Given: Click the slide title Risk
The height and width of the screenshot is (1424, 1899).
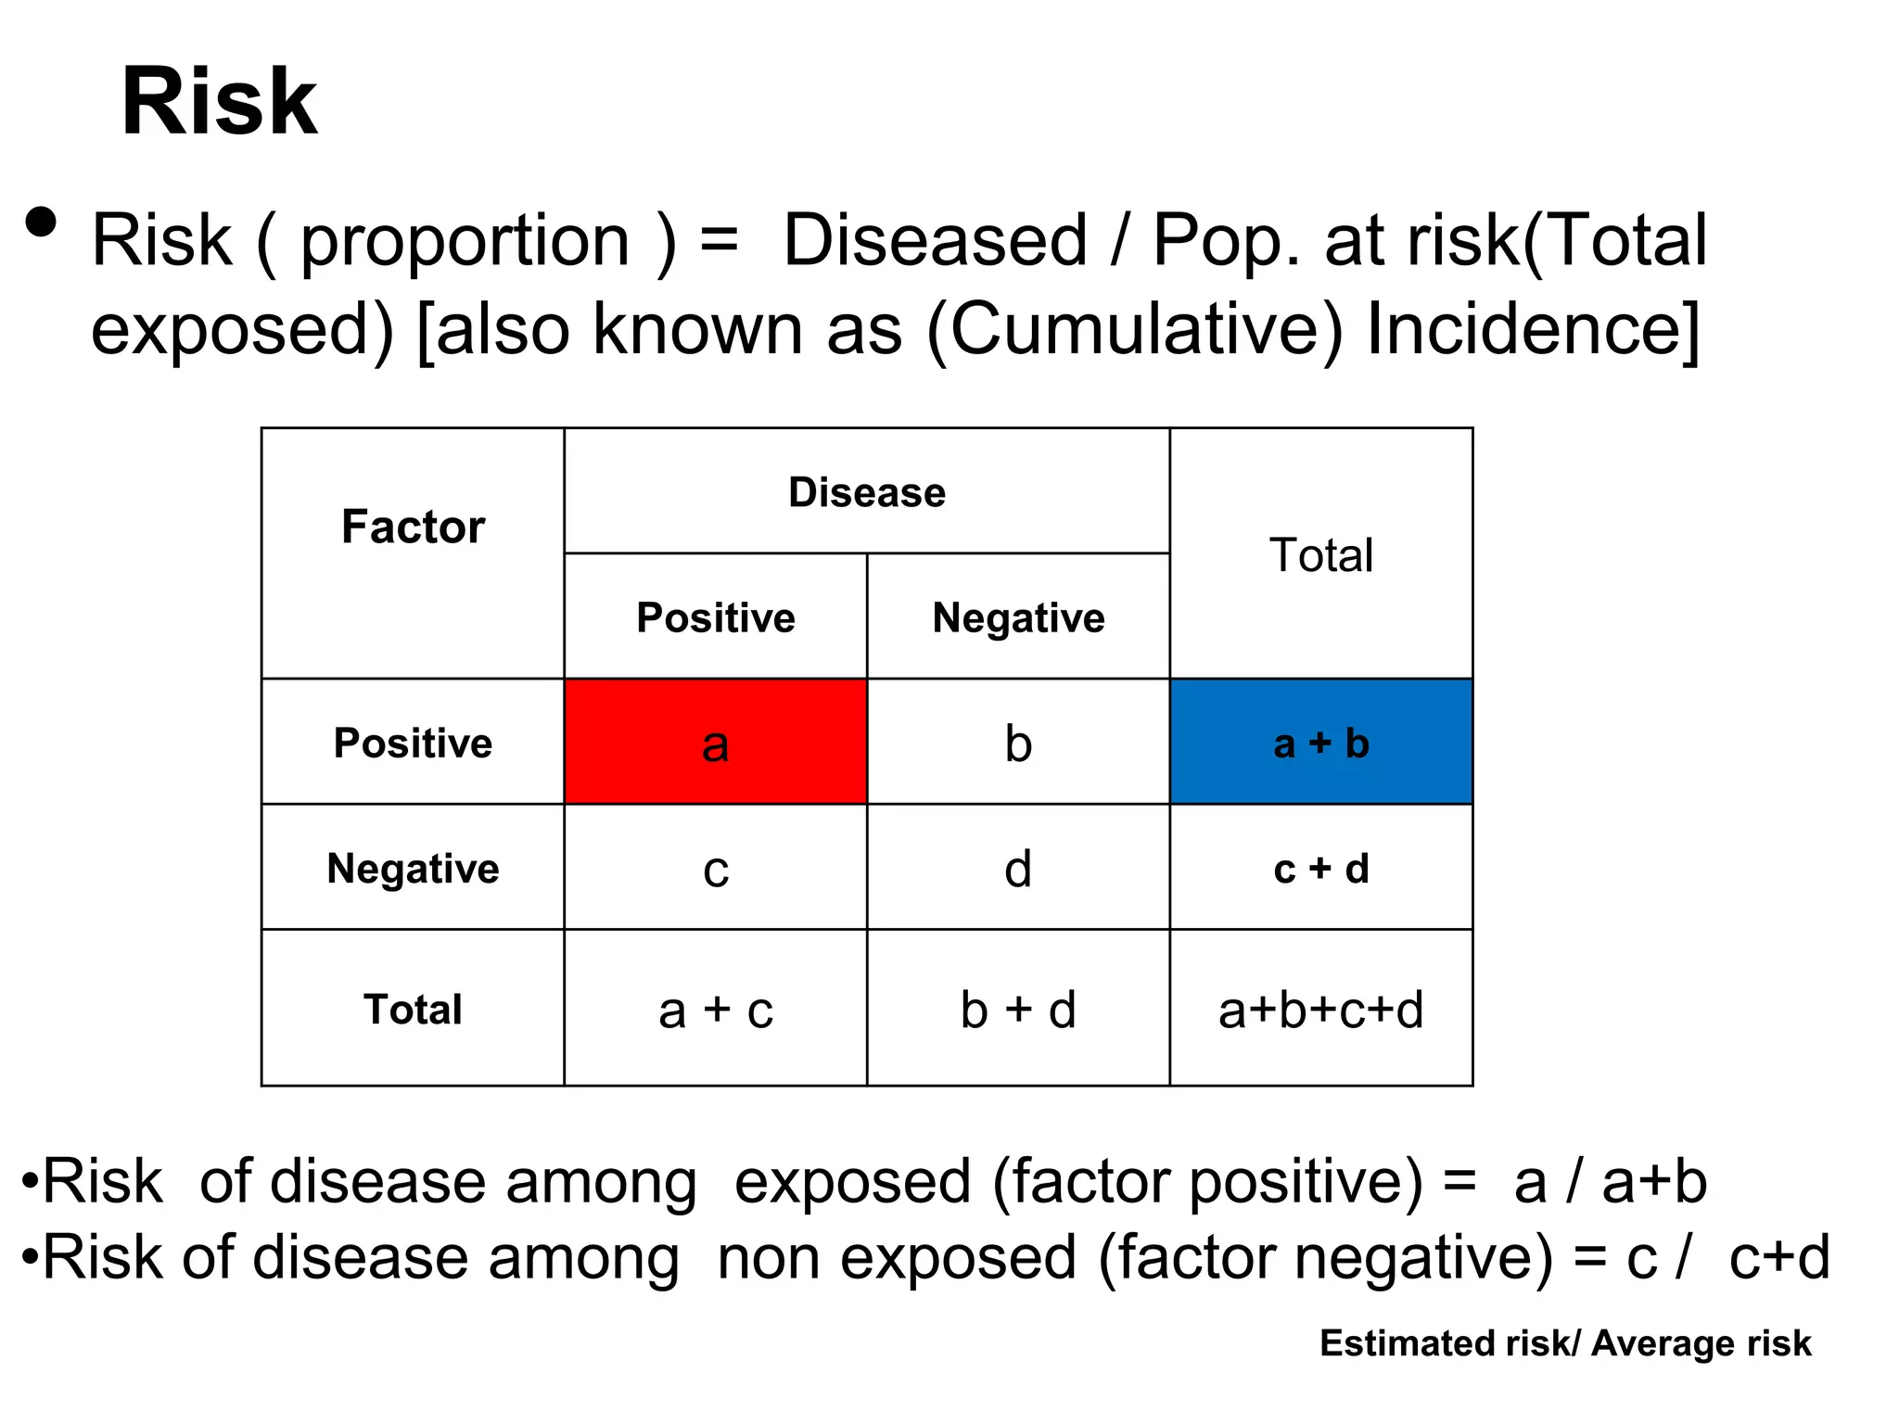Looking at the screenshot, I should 219,102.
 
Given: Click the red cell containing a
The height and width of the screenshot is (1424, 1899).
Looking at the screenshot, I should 715,743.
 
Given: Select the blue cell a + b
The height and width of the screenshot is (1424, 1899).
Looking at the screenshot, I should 1320,743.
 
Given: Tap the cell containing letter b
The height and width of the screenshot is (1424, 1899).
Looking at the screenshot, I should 1017,743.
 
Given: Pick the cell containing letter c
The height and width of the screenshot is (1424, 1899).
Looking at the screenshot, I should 715,869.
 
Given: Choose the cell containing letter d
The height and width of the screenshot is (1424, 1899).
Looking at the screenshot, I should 1017,869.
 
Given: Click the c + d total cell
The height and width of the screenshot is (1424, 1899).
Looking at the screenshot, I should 1320,869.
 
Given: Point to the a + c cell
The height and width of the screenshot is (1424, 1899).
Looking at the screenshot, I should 715,1009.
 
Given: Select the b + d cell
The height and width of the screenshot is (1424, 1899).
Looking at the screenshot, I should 1017,1009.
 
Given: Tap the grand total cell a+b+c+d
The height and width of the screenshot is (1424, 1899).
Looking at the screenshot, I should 1320,1009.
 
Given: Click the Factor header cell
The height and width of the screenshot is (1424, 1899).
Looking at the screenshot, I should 413,527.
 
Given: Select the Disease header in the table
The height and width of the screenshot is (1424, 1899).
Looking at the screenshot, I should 866,492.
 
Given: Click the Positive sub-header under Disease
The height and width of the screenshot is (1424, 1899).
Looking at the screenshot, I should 715,617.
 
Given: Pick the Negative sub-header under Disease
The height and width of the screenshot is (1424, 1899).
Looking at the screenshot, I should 1017,617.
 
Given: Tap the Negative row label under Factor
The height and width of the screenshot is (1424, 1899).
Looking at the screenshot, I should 413,869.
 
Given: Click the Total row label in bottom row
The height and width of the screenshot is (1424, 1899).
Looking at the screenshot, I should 413,1009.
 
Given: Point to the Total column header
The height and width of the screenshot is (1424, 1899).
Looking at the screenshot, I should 1320,554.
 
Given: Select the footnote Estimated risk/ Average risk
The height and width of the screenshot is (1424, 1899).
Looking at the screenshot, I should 1564,1342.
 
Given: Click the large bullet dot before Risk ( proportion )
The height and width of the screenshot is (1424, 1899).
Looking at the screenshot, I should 41,222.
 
